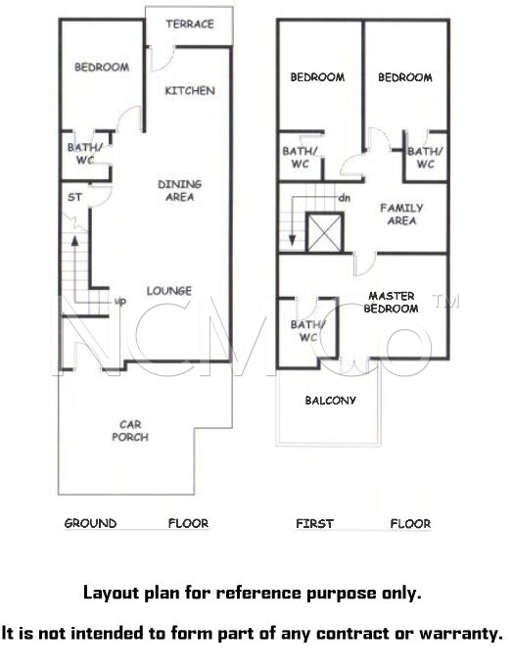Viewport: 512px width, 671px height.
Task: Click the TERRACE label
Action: (190, 24)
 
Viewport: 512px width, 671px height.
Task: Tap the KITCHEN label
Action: (190, 91)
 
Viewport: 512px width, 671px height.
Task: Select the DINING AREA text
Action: (180, 191)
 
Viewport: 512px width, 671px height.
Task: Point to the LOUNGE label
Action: (169, 291)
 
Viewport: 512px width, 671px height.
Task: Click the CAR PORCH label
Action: (130, 431)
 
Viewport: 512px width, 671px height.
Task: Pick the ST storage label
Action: (74, 198)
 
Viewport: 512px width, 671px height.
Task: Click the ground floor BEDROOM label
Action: (102, 68)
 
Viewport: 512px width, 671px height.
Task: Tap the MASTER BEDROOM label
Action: (391, 302)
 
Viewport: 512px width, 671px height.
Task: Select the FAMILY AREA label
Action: (401, 215)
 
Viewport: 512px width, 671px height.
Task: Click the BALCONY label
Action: (330, 401)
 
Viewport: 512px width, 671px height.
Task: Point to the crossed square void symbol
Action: (325, 232)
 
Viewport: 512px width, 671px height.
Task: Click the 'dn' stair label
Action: (345, 198)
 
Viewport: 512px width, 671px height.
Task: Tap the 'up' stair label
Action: (120, 302)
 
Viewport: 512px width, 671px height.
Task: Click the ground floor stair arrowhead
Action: (74, 240)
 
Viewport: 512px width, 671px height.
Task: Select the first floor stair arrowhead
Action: (292, 240)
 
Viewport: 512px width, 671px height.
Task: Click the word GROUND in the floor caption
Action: (90, 523)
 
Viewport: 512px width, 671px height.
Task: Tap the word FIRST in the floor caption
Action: (314, 523)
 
